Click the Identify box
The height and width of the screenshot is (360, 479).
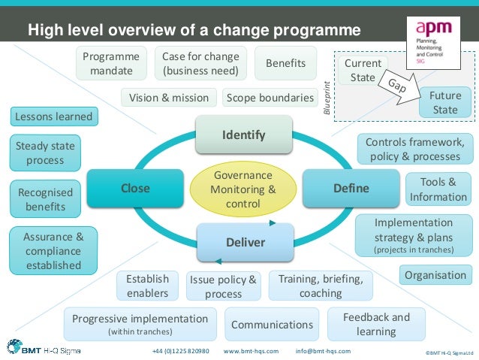tap(243, 135)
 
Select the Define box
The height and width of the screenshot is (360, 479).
tap(351, 188)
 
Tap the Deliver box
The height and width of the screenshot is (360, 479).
tap(245, 242)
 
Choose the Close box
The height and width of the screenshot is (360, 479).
tap(135, 188)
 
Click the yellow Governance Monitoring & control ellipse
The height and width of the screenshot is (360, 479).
tap(243, 189)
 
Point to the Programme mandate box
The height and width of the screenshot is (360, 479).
tap(110, 64)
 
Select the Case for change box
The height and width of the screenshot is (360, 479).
tap(200, 64)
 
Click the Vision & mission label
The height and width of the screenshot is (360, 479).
tap(169, 98)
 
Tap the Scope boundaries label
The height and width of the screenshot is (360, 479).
tap(270, 98)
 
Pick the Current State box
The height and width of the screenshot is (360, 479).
tap(363, 71)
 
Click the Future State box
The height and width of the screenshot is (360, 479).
tap(444, 103)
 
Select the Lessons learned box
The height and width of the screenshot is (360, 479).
tap(53, 116)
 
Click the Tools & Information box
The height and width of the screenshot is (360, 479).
tap(438, 189)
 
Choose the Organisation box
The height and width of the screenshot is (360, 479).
tap(435, 275)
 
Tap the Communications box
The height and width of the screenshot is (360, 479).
tap(272, 325)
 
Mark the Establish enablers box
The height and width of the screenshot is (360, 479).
tap(147, 286)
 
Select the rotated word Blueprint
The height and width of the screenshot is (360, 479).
tap(327, 98)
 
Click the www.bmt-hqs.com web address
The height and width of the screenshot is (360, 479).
tap(251, 351)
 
